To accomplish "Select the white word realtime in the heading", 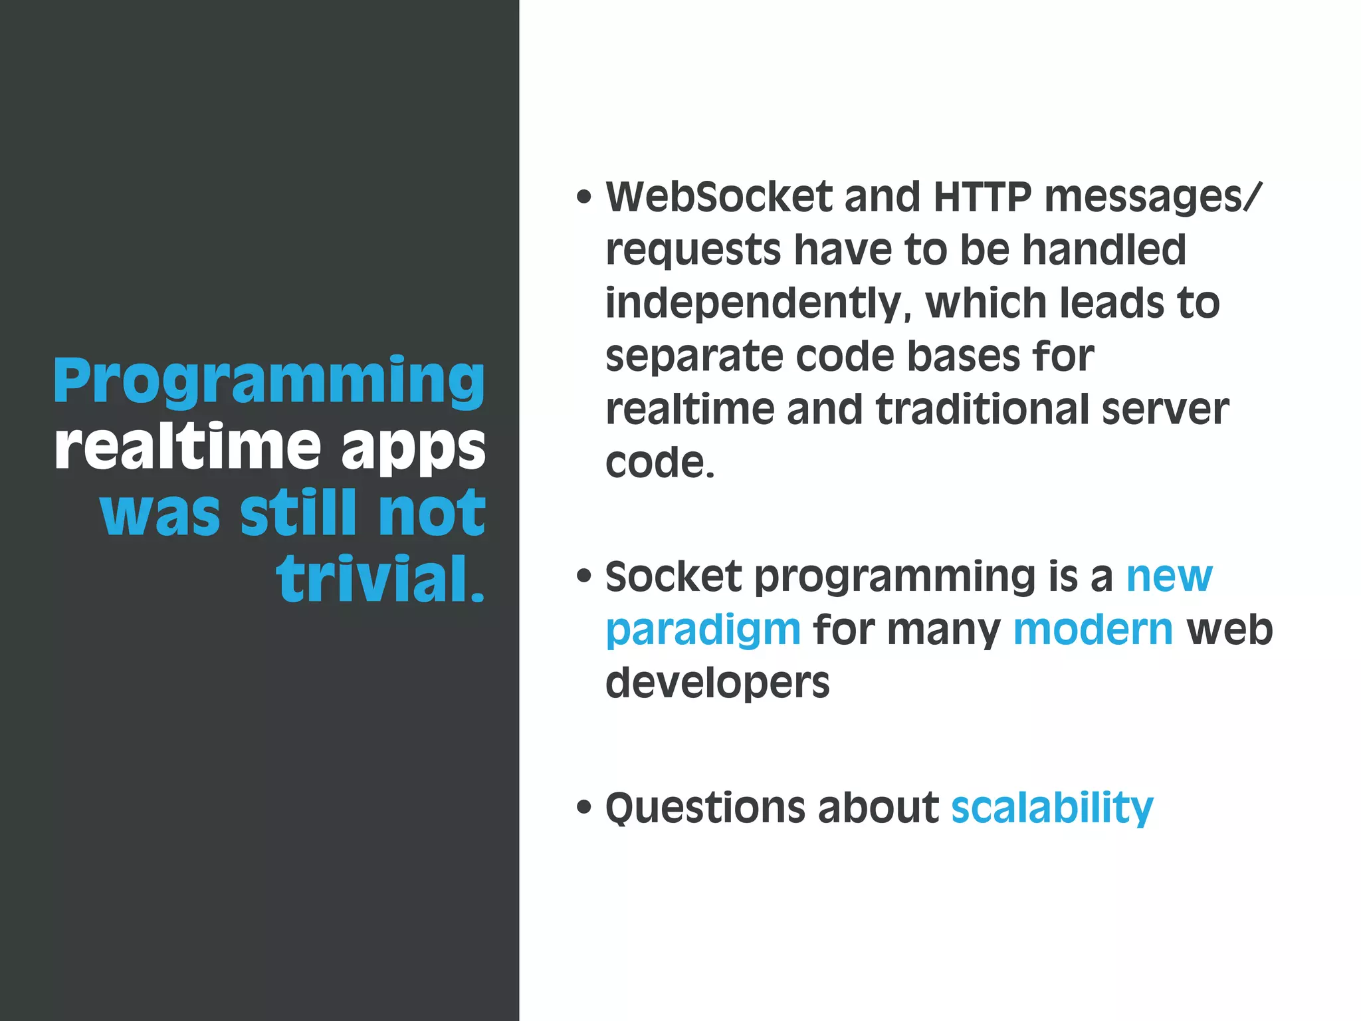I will coord(188,447).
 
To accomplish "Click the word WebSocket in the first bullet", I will coord(719,197).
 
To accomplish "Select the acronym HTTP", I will coord(982,197).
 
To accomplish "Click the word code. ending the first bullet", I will coord(660,463).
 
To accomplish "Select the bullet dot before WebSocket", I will coord(583,197).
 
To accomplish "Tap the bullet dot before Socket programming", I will coord(583,576).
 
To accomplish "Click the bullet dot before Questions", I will coord(583,808).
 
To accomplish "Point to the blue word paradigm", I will coord(703,630).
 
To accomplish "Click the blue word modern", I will coord(1093,629).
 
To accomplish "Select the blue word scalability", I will coord(1052,808).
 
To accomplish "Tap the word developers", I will coord(718,683).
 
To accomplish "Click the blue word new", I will coord(1169,576).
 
